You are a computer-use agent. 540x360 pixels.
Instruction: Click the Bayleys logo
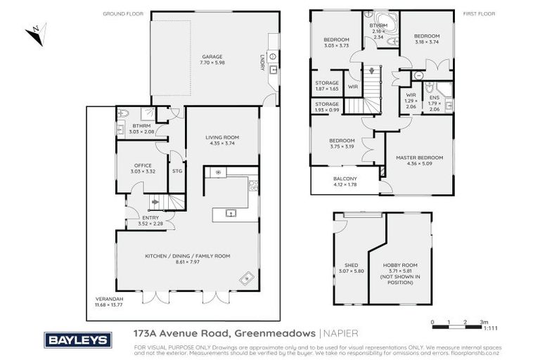(78, 340)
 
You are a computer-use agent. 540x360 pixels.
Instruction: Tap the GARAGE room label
(212, 56)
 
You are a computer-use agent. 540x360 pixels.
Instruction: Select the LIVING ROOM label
(222, 137)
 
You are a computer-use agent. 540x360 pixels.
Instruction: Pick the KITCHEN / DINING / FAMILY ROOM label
(187, 256)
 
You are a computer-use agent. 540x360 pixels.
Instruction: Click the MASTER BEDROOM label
(419, 157)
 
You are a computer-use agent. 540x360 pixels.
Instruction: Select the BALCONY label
(345, 179)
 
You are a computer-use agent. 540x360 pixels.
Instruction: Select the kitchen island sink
(229, 213)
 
